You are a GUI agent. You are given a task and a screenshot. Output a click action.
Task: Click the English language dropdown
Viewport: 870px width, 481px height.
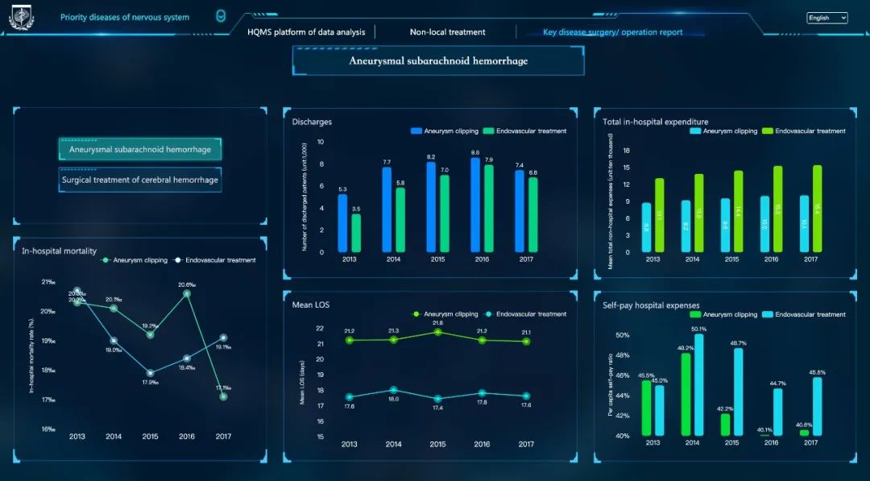pos(827,18)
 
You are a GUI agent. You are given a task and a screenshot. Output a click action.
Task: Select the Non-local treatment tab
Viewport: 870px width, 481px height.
pos(447,32)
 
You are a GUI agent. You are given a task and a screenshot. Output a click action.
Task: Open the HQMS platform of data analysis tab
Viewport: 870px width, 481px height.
pos(306,32)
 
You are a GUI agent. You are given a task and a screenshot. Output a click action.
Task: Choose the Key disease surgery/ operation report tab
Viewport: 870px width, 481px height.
pos(612,32)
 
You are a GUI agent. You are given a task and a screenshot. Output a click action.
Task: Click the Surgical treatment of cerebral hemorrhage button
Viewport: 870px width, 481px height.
pos(139,180)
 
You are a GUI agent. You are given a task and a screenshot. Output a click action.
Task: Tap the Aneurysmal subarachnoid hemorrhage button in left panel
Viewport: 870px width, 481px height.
pos(139,149)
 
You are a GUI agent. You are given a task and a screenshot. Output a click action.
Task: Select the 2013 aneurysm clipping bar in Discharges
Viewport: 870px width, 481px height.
pos(342,223)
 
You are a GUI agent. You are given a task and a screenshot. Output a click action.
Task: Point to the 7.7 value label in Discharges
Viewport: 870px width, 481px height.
pos(387,162)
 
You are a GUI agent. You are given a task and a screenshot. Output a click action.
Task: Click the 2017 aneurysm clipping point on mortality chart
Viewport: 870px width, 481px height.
pos(223,396)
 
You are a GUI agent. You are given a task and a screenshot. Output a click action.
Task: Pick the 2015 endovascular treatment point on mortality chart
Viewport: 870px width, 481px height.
pos(150,373)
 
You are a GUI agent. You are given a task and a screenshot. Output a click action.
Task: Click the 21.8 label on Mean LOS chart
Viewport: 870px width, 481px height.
pos(437,323)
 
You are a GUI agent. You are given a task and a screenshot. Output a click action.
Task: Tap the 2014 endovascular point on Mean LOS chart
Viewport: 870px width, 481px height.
pos(393,390)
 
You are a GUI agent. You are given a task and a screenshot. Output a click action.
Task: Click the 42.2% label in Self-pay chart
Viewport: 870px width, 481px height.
pos(724,408)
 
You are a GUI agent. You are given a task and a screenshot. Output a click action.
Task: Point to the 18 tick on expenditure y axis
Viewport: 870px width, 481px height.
pos(626,151)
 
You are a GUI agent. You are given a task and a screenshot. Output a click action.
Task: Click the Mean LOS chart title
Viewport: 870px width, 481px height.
pos(311,305)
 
